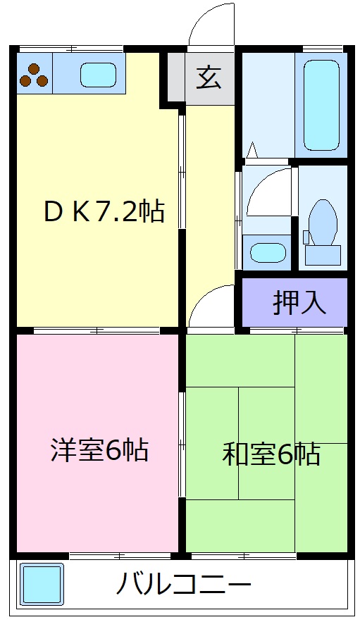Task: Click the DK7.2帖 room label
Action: (x=104, y=211)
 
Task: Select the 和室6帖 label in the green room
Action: (x=271, y=454)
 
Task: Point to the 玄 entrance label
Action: (x=209, y=77)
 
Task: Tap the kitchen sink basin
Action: (x=98, y=74)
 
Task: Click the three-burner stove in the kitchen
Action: (x=34, y=75)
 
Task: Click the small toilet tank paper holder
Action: (x=306, y=237)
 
